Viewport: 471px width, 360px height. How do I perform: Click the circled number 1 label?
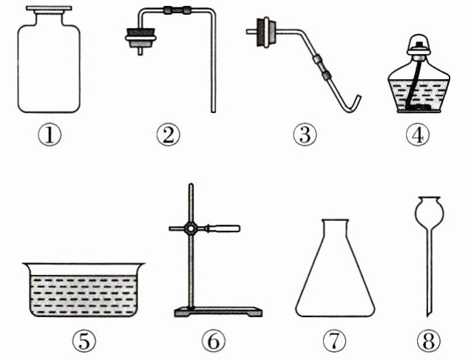50,135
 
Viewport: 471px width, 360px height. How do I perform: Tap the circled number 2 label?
169,135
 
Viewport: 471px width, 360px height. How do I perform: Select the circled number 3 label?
305,135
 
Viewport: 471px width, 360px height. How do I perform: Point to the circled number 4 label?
418,135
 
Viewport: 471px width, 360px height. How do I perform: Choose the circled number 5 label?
84,341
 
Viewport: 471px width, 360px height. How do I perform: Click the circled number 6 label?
214,341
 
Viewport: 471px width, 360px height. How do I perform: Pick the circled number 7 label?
335,341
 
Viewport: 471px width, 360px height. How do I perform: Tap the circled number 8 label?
429,341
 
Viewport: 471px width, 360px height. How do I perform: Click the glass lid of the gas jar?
49,8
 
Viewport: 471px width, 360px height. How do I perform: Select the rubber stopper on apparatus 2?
141,38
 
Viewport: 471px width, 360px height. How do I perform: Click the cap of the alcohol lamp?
419,45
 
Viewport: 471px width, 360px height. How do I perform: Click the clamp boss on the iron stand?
191,229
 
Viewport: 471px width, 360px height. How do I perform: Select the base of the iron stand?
218,312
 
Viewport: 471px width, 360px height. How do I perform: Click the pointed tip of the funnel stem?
427,315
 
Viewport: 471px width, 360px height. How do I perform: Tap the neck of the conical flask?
336,230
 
